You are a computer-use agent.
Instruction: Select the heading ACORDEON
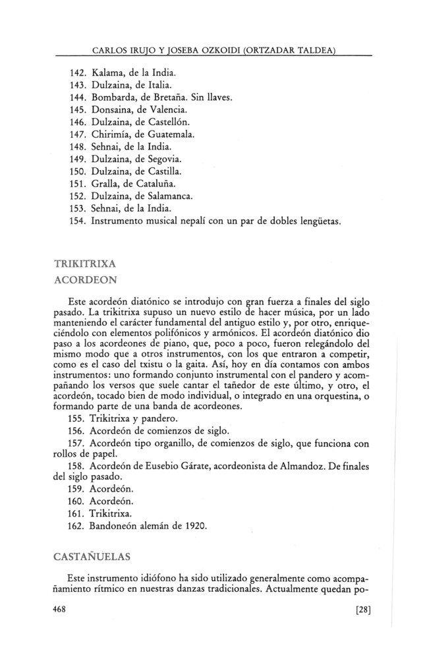pyautogui.click(x=85, y=279)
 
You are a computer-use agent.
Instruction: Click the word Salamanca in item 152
pyautogui.click(x=176, y=196)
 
